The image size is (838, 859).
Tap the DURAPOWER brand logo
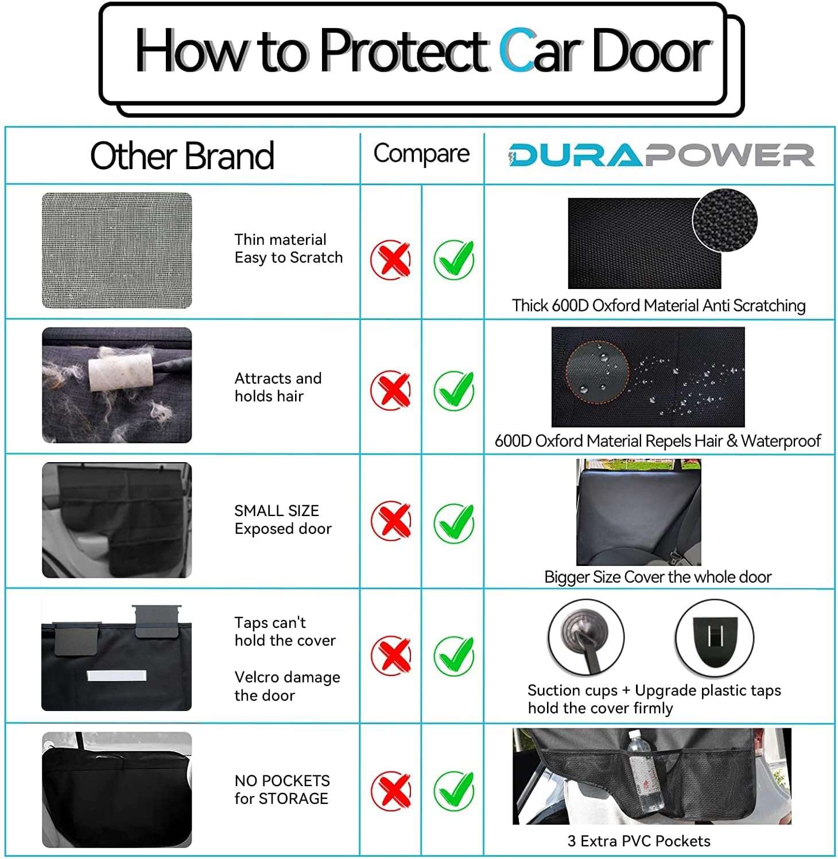pos(661,155)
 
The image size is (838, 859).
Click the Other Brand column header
pos(182,155)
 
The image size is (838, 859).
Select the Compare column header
pos(421,154)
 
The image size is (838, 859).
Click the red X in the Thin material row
pos(390,260)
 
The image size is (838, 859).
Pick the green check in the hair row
pos(453,391)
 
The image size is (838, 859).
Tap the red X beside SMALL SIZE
pos(390,521)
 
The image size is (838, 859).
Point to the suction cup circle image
pos(585,637)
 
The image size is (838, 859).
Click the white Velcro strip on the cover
pos(117,676)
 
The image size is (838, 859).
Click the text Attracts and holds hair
pos(278,387)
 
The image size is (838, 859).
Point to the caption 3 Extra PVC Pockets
pos(639,841)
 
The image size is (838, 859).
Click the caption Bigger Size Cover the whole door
pos(658,577)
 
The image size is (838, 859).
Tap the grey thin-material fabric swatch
pos(117,250)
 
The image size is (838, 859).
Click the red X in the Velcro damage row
pos(390,655)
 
